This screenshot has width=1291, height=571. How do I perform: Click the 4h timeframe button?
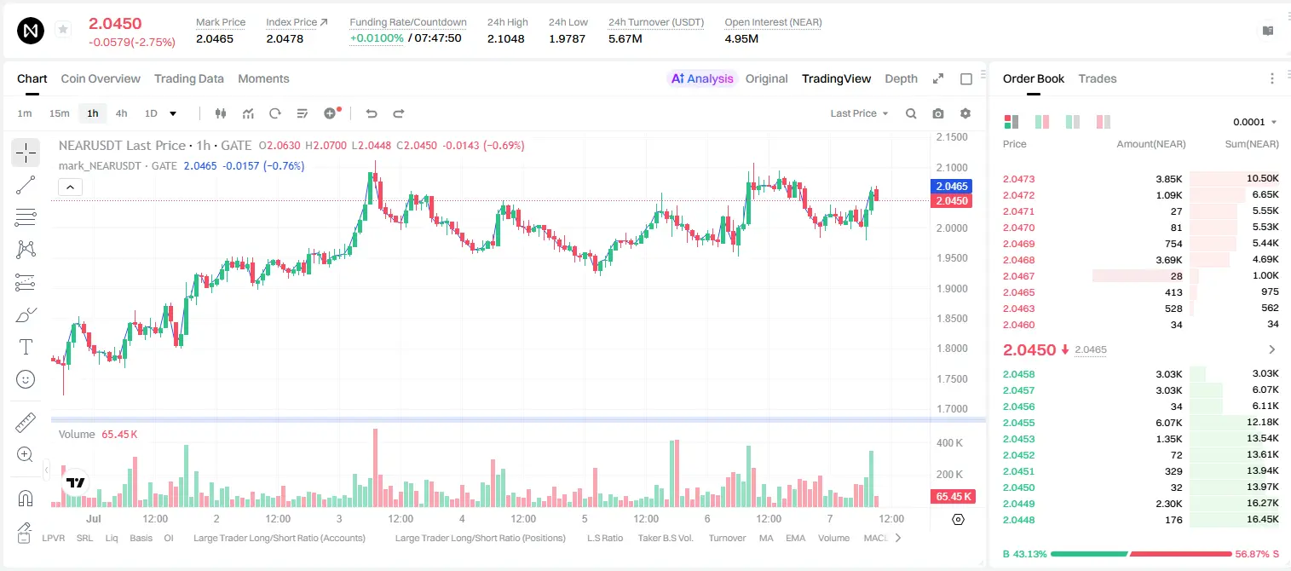(x=121, y=113)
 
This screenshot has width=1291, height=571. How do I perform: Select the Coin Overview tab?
(x=101, y=78)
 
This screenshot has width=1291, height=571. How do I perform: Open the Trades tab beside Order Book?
(x=1098, y=78)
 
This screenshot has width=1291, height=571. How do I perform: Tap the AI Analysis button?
(x=702, y=78)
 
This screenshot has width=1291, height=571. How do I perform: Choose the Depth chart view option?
(x=901, y=78)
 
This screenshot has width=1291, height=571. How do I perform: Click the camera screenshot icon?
(x=938, y=113)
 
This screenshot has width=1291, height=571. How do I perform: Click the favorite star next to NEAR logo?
(x=63, y=29)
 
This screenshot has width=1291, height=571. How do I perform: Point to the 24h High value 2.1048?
(x=505, y=38)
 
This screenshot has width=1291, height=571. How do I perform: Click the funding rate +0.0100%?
(x=377, y=38)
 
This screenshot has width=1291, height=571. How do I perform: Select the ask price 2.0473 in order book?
(x=1018, y=179)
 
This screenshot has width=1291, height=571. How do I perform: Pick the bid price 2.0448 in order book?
(x=1018, y=520)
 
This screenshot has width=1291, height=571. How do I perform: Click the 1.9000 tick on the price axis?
(x=952, y=288)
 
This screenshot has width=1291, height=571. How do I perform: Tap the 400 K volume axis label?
(x=949, y=443)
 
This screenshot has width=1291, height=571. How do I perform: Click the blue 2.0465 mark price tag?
(x=952, y=186)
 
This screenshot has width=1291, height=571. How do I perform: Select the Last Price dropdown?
(x=859, y=113)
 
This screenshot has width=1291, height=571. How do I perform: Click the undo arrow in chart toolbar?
(x=372, y=113)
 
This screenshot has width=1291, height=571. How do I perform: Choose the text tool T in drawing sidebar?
(x=26, y=347)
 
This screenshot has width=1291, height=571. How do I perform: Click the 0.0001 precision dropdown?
(x=1254, y=122)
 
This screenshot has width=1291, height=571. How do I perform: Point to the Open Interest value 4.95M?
(x=741, y=38)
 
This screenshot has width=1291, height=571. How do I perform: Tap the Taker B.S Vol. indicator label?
(x=665, y=538)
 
